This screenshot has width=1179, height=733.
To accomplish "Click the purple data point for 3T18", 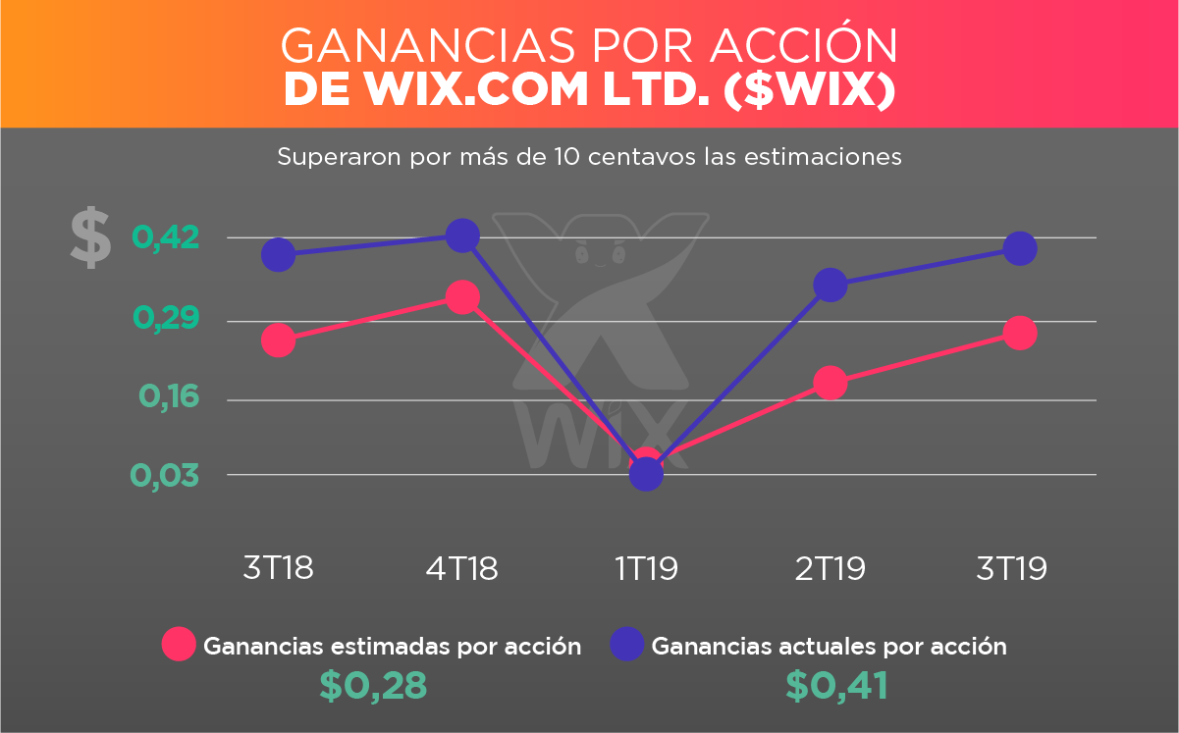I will [x=279, y=255].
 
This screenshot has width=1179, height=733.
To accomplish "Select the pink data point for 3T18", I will [x=279, y=340].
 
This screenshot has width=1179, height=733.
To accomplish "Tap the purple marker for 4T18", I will [x=462, y=236].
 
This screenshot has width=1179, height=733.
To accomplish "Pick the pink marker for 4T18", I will [x=462, y=296].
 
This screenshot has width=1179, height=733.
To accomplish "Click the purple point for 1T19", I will [x=646, y=474].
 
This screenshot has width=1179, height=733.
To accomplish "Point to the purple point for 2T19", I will [x=830, y=286].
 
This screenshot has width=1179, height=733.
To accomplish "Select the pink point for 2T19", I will [x=830, y=383].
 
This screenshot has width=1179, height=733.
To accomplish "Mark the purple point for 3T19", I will [x=1020, y=248].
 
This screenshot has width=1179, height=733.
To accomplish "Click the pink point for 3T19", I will [x=1020, y=333].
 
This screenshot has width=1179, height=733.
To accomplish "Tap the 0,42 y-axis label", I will [x=166, y=237].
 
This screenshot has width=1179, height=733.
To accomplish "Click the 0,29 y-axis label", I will [x=166, y=319].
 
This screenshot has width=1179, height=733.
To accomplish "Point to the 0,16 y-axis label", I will [x=168, y=396].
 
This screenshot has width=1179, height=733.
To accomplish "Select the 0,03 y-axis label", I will [x=166, y=475].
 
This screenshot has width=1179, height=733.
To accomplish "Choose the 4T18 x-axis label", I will [x=462, y=568].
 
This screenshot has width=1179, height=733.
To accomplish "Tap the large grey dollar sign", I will [x=89, y=238].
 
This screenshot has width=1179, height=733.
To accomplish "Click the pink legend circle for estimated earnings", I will [x=180, y=645].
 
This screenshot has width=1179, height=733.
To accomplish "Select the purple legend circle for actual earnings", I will [x=627, y=645].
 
